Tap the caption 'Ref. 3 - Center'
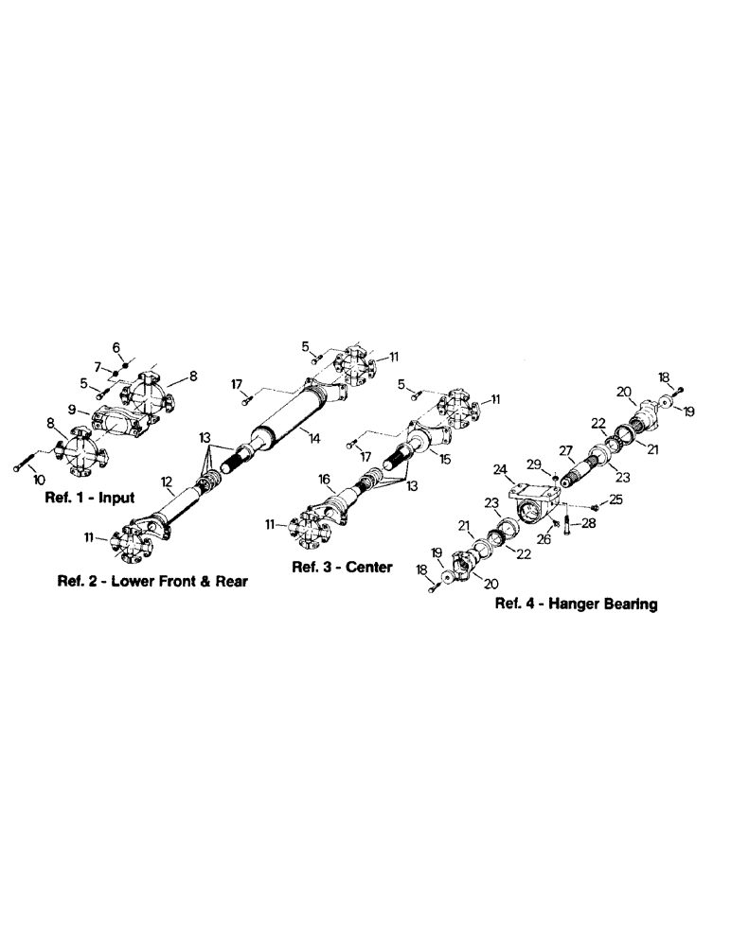point(341,568)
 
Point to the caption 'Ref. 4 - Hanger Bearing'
point(578,604)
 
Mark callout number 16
point(322,481)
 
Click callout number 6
point(117,348)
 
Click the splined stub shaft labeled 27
point(579,468)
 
